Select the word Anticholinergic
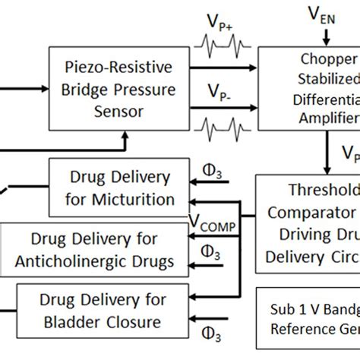point(100,261)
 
